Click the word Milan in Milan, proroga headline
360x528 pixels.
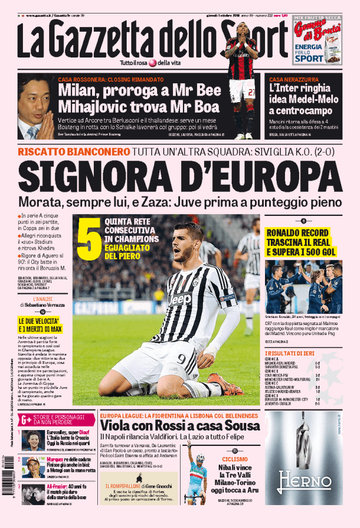click(x=79, y=92)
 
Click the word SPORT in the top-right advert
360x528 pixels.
click(x=309, y=59)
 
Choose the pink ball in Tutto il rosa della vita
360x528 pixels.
click(x=152, y=63)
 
